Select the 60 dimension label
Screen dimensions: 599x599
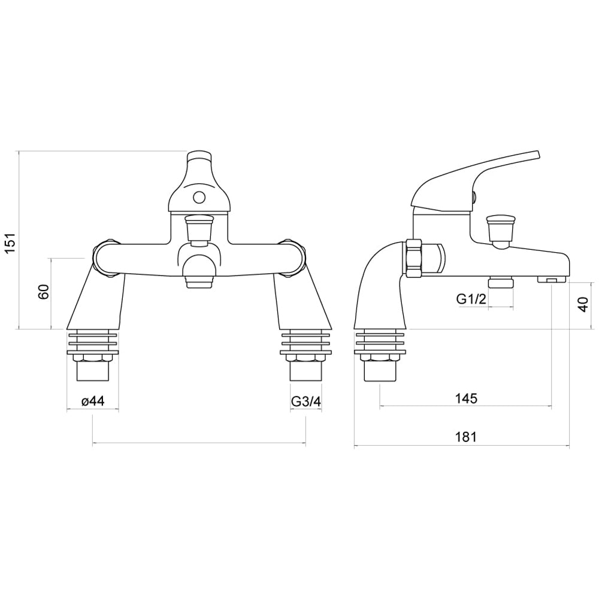point(43,293)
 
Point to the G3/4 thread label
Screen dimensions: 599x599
point(306,401)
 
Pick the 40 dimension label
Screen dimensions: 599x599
point(582,305)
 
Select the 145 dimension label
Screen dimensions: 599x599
point(465,398)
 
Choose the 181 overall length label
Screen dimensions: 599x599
point(465,437)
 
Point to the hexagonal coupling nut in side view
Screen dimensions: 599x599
point(413,259)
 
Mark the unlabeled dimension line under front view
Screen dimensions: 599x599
point(199,444)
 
